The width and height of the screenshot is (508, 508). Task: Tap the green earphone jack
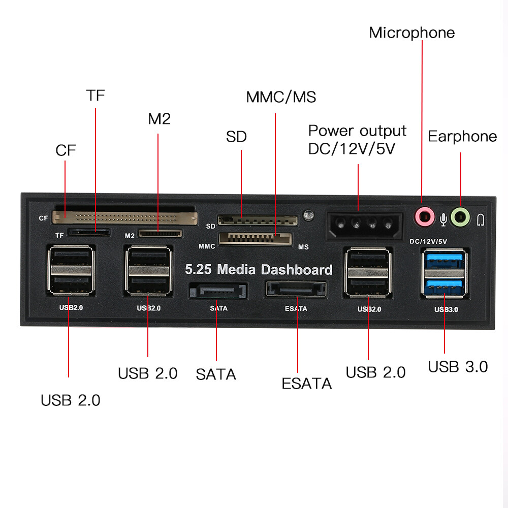point(460,217)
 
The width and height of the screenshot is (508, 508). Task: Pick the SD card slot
point(258,220)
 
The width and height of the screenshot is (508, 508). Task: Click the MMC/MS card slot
point(256,238)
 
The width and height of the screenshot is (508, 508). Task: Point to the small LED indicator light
point(307,215)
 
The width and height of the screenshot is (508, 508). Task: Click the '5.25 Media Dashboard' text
point(258,269)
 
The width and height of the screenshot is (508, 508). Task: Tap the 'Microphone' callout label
point(411,33)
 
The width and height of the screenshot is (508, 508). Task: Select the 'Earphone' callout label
point(462,136)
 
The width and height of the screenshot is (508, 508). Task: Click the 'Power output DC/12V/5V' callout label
point(358,140)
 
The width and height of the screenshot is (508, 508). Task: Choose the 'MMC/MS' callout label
point(281,97)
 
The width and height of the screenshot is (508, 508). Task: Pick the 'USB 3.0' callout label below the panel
point(458,366)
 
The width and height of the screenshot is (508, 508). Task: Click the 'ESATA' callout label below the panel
point(306,384)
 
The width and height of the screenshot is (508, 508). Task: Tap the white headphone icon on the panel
point(481,219)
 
